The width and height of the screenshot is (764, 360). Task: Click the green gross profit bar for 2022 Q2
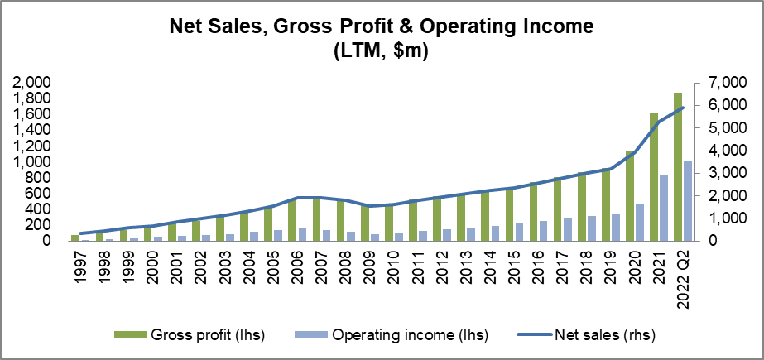tap(678, 166)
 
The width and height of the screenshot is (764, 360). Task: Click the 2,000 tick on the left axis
tap(34, 83)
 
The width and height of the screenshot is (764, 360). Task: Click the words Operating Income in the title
tap(521, 26)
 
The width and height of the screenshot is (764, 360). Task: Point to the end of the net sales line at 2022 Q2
tap(683, 108)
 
